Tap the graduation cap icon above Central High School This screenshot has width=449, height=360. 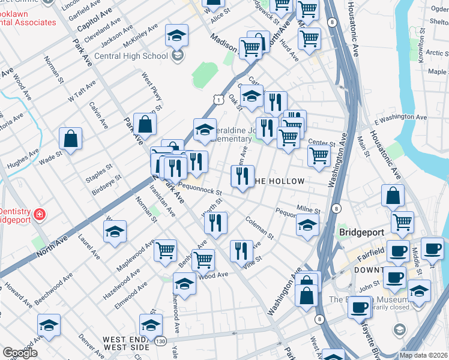click(177, 35)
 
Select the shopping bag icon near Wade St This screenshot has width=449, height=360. click(71, 139)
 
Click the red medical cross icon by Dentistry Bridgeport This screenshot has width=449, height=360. click(40, 214)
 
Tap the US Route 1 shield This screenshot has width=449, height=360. click(221, 98)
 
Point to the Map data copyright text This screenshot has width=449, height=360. click(423, 355)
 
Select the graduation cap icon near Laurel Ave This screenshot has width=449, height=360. click(115, 232)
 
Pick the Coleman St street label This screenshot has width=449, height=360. click(259, 227)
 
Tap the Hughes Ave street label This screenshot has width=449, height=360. click(22, 159)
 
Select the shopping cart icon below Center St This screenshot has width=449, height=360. click(319, 155)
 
